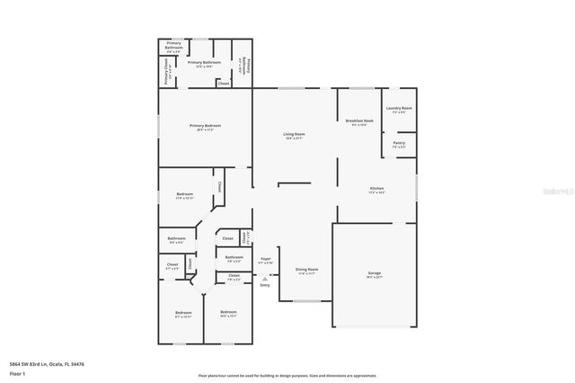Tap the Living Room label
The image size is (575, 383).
(x=294, y=136)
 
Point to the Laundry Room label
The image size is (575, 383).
(x=399, y=109)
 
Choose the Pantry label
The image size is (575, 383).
(x=399, y=143)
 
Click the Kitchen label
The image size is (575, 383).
(x=376, y=190)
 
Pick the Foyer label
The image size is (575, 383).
(x=266, y=260)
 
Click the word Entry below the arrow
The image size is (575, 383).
(x=265, y=285)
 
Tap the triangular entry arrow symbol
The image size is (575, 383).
(x=265, y=278)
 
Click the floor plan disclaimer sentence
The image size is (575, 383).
(x=287, y=374)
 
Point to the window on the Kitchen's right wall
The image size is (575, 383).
(x=417, y=189)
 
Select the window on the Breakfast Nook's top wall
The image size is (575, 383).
(x=361, y=88)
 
